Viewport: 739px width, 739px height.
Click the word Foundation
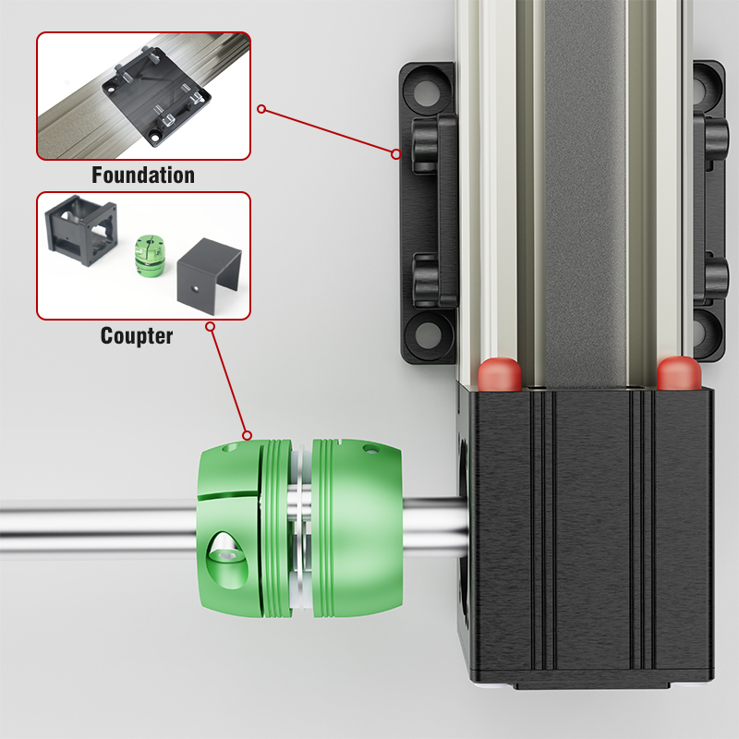pos(143,175)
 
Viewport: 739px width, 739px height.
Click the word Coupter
pos(137,335)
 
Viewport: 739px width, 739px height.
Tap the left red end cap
pos(500,374)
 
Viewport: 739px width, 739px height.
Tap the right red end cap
pos(679,373)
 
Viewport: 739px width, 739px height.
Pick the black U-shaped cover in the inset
pos(209,275)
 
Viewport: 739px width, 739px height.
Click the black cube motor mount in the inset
pos(80,229)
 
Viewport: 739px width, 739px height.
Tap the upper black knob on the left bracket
pos(425,146)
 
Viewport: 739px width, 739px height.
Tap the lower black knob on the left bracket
pos(425,281)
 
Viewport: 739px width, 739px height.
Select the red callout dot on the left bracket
pos(396,154)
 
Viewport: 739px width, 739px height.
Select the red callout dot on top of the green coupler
pos(247,435)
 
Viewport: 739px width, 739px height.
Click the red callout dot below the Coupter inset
pos(211,327)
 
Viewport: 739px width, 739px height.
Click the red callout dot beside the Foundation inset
pos(261,109)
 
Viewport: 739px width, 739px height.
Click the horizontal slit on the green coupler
pos(228,496)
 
